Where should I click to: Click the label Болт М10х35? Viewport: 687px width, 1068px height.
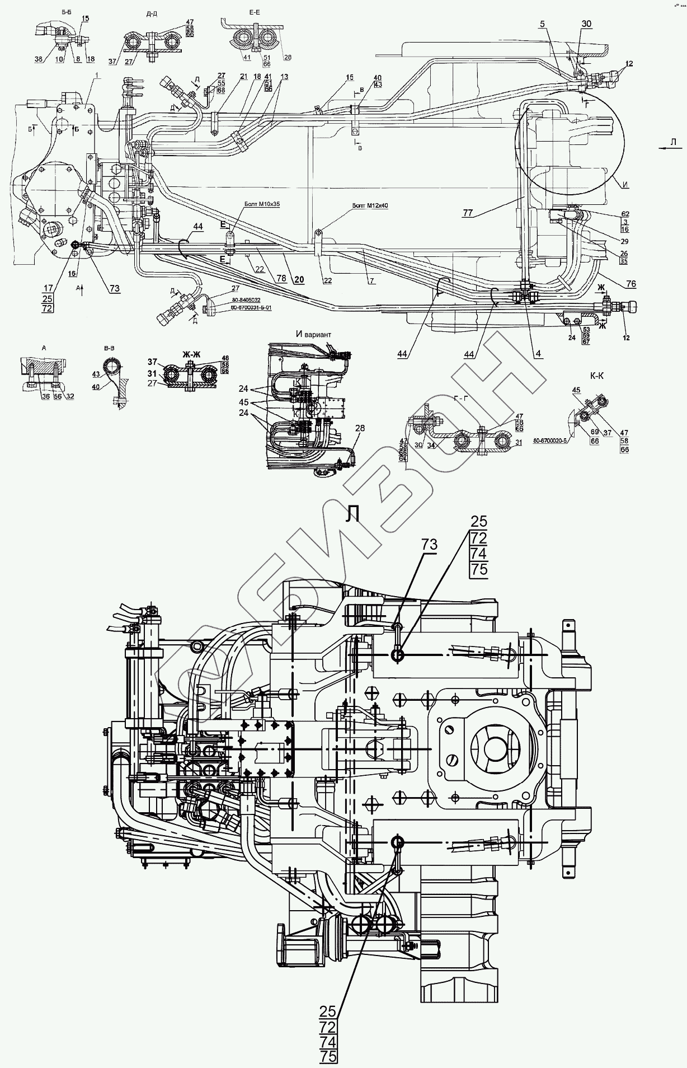262,204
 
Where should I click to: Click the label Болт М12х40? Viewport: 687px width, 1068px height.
370,205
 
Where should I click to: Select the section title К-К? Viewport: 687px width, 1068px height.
596,377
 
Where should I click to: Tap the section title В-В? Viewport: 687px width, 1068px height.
110,348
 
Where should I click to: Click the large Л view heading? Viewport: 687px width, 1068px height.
352,514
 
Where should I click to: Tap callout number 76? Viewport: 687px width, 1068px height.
631,284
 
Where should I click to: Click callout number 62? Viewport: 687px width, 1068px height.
624,214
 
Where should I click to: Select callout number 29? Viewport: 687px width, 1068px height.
624,242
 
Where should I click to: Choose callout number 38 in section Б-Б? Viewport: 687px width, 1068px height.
39,59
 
